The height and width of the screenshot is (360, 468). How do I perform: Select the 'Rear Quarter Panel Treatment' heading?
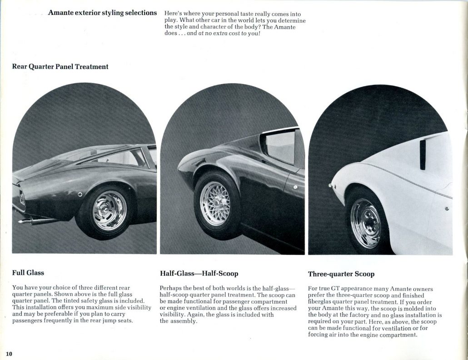[x=60, y=67]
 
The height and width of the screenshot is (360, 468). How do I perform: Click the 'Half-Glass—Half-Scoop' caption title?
[x=199, y=274]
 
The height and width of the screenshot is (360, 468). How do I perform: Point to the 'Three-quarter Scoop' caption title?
[x=341, y=274]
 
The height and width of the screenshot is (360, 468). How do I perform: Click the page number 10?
[x=9, y=353]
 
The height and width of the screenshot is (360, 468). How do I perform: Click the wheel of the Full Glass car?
[x=110, y=211]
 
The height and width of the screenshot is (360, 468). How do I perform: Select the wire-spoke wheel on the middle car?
[x=215, y=203]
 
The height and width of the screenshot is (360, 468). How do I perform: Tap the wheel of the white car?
[x=366, y=223]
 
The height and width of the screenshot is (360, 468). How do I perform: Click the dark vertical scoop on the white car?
[x=423, y=155]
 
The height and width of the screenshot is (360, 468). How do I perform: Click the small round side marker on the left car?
[x=80, y=195]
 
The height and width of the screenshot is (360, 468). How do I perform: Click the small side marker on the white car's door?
[x=447, y=208]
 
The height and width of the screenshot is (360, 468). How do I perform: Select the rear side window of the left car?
[x=129, y=158]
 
